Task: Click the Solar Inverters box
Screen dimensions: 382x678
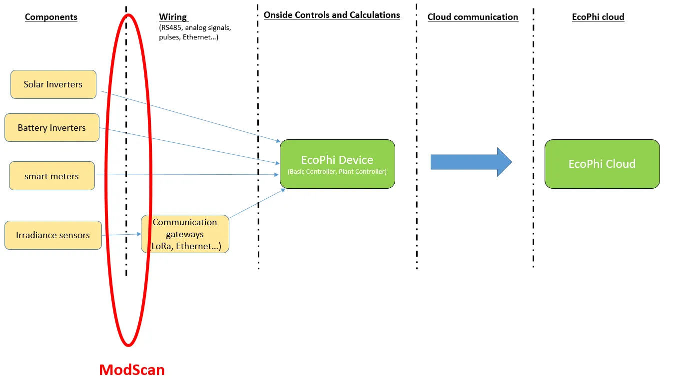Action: (53, 84)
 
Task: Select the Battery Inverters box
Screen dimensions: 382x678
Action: (52, 128)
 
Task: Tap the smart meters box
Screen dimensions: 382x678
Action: (51, 176)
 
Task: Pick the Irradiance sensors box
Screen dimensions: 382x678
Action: (53, 235)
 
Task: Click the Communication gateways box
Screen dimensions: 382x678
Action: (185, 228)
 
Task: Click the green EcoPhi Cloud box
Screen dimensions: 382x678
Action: (602, 164)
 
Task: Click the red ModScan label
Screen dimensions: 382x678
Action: (131, 370)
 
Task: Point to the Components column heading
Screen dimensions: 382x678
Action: (51, 17)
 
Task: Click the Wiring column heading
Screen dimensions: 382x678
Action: (173, 17)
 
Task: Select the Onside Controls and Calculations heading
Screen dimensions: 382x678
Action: (332, 15)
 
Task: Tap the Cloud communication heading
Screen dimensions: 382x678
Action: (473, 17)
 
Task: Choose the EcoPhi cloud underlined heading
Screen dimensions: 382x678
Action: (598, 17)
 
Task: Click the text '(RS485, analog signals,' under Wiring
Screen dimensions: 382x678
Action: (195, 28)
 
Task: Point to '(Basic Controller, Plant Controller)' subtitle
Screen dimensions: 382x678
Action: (337, 172)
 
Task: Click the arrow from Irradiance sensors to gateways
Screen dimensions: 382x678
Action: (121, 234)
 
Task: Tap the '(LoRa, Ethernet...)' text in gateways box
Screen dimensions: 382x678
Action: (185, 246)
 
